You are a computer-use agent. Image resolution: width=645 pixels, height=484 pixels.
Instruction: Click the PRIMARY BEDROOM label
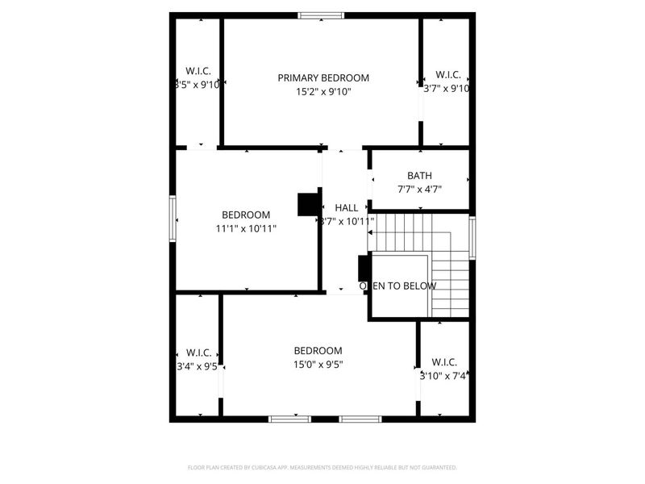pyautogui.click(x=323, y=77)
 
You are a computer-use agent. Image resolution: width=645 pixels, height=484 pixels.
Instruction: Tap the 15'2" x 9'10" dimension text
pyautogui.click(x=323, y=92)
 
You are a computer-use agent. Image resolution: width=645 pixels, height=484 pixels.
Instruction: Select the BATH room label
pyautogui.click(x=419, y=175)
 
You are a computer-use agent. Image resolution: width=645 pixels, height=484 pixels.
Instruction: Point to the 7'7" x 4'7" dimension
pyautogui.click(x=419, y=190)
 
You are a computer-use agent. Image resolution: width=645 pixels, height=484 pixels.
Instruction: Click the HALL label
pyautogui.click(x=347, y=207)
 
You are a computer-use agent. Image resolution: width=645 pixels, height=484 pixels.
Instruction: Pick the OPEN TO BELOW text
pyautogui.click(x=397, y=286)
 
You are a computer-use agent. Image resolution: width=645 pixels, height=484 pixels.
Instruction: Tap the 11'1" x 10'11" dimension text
pyautogui.click(x=246, y=229)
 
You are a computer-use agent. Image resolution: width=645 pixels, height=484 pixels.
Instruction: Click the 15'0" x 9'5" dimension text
pyautogui.click(x=318, y=365)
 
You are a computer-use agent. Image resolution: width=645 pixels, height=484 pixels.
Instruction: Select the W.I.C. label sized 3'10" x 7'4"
pyautogui.click(x=444, y=362)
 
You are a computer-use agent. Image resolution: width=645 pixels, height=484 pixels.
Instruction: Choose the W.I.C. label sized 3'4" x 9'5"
pyautogui.click(x=198, y=353)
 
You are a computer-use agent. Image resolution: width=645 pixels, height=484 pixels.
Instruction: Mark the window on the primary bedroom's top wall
pyautogui.click(x=321, y=15)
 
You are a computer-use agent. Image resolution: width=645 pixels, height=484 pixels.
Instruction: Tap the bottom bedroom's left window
pyautogui.click(x=289, y=419)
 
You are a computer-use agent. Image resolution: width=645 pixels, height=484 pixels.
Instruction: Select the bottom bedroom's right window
pyautogui.click(x=360, y=419)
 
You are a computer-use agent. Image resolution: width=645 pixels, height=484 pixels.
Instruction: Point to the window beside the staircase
pyautogui.click(x=472, y=236)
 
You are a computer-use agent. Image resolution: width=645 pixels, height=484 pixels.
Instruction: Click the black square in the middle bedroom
pyautogui.click(x=308, y=205)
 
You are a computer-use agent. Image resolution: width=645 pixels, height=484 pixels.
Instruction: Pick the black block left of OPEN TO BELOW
pyautogui.click(x=364, y=268)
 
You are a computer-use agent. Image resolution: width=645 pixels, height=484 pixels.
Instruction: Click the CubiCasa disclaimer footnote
pyautogui.click(x=322, y=467)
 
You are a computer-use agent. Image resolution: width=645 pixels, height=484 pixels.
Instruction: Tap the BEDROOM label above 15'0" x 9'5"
pyautogui.click(x=318, y=351)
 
